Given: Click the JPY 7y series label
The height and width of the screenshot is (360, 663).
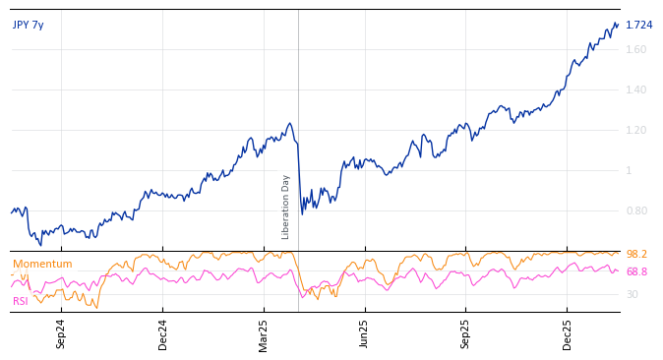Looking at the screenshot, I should [x=28, y=25].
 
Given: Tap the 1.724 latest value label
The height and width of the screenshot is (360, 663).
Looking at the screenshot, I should [x=638, y=25].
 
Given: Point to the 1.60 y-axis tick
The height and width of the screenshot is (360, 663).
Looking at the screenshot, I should [x=635, y=49].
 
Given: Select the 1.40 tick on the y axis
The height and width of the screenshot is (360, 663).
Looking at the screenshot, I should [x=635, y=90].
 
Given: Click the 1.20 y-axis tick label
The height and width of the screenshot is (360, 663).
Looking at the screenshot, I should [x=635, y=130].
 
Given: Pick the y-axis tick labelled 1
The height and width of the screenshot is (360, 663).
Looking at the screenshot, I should [x=629, y=170].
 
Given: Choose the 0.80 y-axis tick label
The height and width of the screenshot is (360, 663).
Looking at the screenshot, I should [x=635, y=210].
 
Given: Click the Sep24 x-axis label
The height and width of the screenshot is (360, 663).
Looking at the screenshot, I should [x=61, y=333].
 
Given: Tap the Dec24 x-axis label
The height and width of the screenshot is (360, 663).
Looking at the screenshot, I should [x=163, y=333].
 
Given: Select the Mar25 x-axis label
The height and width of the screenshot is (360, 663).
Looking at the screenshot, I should [x=264, y=333].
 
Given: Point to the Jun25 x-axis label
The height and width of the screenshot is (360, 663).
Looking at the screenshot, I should [x=364, y=333].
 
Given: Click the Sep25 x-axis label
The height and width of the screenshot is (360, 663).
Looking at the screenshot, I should [x=465, y=333].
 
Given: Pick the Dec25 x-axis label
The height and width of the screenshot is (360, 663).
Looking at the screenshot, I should [x=567, y=333].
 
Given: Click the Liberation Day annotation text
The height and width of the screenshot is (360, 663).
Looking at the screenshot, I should [x=286, y=207].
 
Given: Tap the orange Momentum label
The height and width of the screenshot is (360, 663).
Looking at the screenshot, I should [x=42, y=264].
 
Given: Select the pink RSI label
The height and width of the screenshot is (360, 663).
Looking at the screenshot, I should [x=20, y=301].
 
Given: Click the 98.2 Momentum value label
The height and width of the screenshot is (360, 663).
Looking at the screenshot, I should [x=636, y=254].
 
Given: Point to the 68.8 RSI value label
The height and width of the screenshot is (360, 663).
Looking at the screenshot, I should [x=636, y=271].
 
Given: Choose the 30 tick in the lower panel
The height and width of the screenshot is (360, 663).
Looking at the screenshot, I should [x=632, y=294].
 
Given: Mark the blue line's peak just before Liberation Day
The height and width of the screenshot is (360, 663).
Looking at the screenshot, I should [x=289, y=123].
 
